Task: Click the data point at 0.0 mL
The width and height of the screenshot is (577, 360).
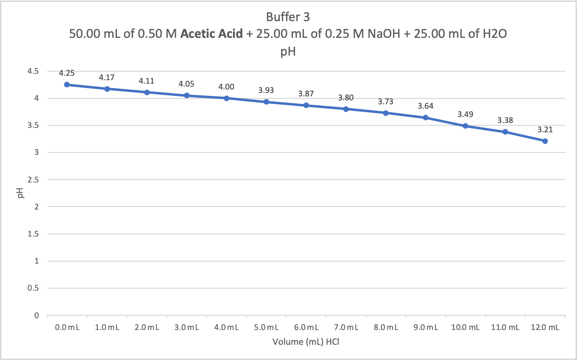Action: (x=67, y=85)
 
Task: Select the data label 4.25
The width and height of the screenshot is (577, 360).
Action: (x=67, y=73)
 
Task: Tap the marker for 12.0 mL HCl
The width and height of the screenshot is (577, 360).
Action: (x=545, y=141)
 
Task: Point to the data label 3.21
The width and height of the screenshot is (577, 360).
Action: (x=545, y=130)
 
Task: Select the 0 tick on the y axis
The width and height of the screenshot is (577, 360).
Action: (x=36, y=315)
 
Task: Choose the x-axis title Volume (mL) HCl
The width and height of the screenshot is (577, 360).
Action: (x=306, y=341)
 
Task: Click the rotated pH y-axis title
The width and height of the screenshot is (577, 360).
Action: (x=20, y=193)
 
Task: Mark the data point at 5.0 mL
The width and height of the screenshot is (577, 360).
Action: (x=266, y=102)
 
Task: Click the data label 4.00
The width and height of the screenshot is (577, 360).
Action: (x=226, y=87)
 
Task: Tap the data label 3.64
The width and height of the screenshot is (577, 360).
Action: (x=426, y=106)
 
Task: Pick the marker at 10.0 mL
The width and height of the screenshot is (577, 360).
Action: (x=465, y=126)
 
